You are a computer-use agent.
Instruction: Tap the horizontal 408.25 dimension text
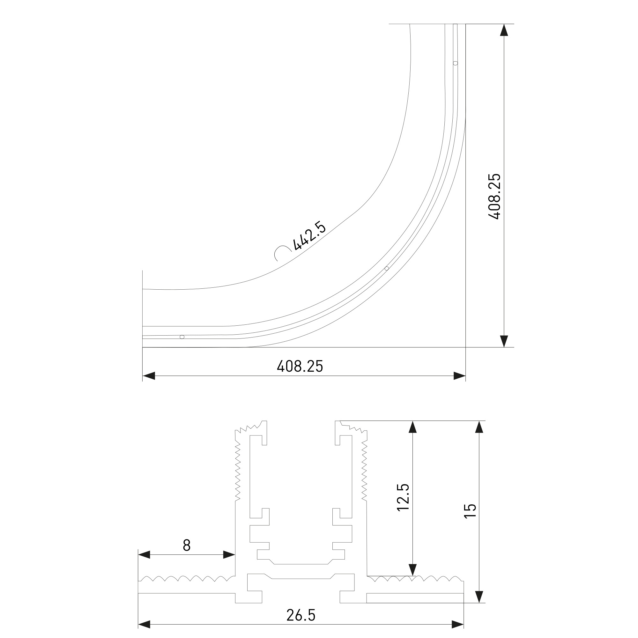tap(300, 366)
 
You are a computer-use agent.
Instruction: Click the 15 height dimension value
tap(470, 511)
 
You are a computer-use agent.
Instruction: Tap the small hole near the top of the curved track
tap(456, 63)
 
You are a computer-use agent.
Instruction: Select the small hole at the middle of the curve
tap(387, 269)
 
